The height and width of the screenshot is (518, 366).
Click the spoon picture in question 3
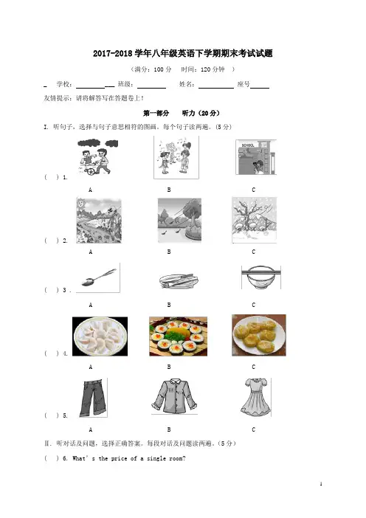point(98,277)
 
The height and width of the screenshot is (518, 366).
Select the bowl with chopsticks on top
point(261,277)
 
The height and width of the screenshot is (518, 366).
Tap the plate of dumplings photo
point(100,336)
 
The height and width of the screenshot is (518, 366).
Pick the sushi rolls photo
point(179,336)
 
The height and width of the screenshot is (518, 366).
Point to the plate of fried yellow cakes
point(259,335)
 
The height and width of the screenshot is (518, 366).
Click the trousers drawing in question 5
point(93,398)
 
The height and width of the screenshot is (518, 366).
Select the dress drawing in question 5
point(255,397)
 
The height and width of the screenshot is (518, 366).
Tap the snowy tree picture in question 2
point(255,220)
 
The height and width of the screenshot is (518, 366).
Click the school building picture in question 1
point(256,157)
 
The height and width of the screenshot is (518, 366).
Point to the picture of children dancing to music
point(176,157)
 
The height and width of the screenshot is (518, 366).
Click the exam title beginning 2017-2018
point(183,54)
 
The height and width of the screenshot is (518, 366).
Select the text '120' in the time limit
point(205,69)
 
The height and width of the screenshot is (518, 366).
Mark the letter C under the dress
point(254,429)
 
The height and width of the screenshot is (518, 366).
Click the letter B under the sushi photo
point(169,367)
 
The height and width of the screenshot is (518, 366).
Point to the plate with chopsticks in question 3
point(179,280)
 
